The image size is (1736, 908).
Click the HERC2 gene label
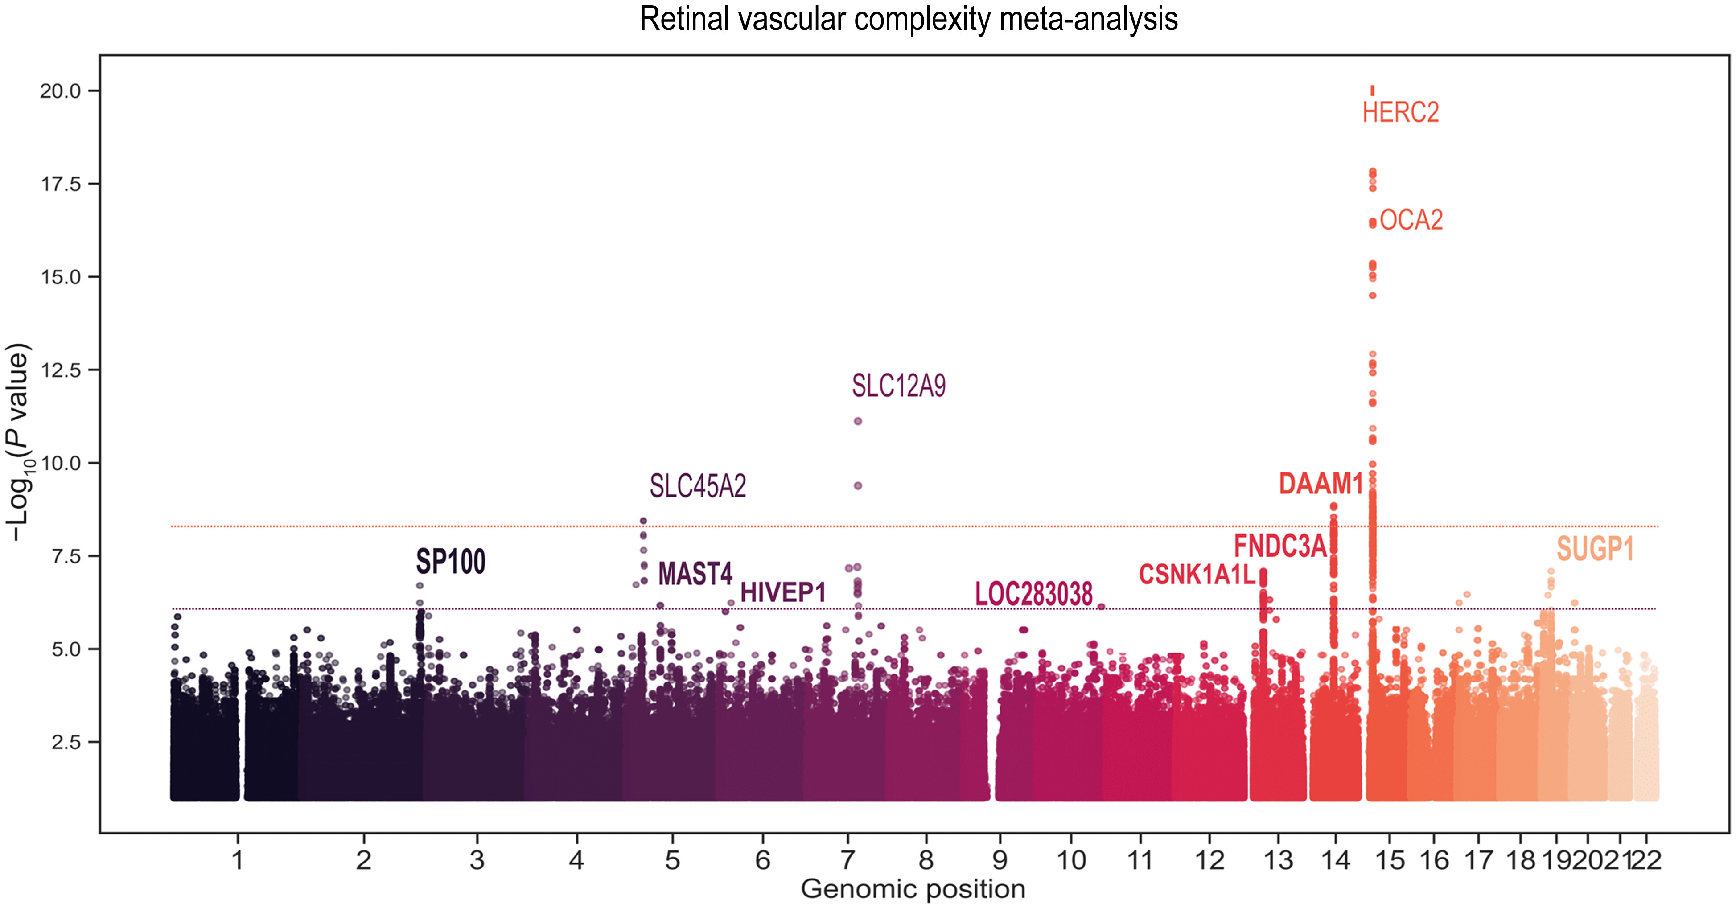click(1400, 112)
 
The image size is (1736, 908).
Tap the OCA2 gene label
click(1411, 220)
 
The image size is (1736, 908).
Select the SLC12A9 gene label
click(898, 386)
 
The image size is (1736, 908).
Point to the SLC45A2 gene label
click(698, 486)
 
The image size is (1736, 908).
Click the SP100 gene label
click(450, 561)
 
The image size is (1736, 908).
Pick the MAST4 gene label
click(695, 574)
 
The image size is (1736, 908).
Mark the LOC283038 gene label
click(1034, 594)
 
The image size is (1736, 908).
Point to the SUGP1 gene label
click(1595, 549)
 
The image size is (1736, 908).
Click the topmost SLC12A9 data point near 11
click(858, 421)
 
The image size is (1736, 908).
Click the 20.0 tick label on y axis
click(60, 91)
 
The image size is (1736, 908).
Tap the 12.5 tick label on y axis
click(60, 370)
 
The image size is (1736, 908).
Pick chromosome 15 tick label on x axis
click(1390, 860)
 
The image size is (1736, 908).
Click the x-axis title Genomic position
click(913, 889)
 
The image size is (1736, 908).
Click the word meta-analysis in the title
click(1088, 19)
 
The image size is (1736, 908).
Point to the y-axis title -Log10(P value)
click(19, 441)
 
